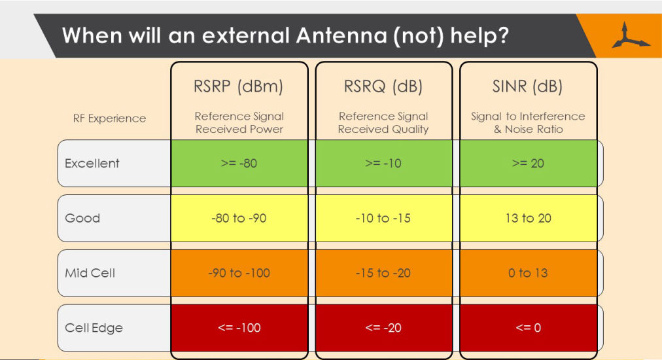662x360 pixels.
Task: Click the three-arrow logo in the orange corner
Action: pos(630,35)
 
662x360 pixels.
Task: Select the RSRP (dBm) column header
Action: pos(239,86)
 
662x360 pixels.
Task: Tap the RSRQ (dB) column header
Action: pos(383,86)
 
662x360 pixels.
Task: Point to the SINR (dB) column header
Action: pos(528,86)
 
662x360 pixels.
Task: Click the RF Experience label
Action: pos(109,118)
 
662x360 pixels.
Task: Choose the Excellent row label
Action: pos(92,163)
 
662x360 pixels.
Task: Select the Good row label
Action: pos(82,218)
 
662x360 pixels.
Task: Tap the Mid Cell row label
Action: pos(90,273)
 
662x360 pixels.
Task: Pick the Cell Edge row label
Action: pos(94,328)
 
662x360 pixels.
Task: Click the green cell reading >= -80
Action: pos(239,163)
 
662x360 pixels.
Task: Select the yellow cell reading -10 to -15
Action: pos(383,218)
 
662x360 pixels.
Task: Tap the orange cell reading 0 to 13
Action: pos(528,273)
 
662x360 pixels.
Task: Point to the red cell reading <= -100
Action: pos(239,328)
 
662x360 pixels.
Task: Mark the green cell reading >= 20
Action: pos(528,163)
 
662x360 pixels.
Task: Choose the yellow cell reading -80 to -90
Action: pos(239,218)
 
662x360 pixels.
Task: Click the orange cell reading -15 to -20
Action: pos(383,273)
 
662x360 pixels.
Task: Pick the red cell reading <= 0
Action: pos(528,328)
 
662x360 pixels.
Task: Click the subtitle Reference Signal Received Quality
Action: pos(383,122)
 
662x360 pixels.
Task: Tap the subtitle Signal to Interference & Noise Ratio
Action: pos(528,122)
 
